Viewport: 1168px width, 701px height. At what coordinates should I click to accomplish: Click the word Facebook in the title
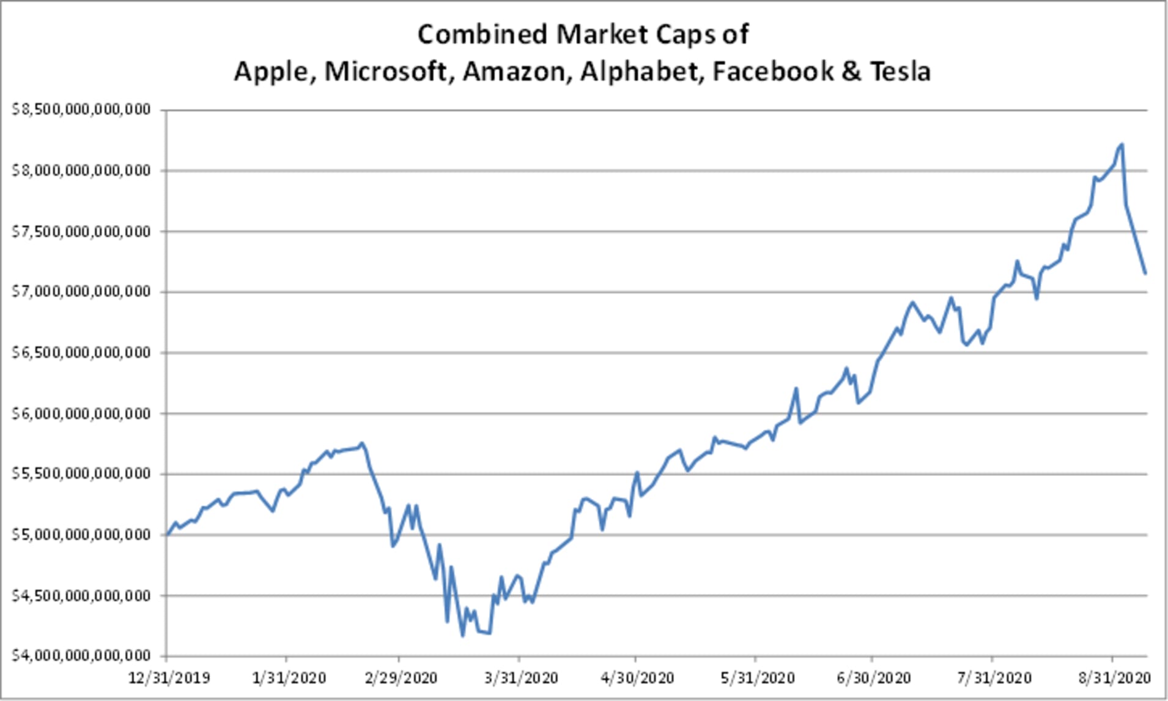(772, 72)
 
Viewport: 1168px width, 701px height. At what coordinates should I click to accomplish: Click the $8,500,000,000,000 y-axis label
(81, 109)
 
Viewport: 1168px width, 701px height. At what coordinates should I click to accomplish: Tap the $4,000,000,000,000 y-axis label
(81, 655)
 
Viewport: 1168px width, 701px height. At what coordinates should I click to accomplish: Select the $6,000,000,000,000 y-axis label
(81, 413)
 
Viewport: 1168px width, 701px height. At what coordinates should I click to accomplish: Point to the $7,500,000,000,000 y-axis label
(81, 231)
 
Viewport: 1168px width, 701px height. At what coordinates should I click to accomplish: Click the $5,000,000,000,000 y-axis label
(81, 534)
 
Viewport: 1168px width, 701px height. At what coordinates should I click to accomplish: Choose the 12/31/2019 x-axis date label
(168, 678)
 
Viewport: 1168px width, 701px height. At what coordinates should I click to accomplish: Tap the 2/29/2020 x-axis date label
(401, 678)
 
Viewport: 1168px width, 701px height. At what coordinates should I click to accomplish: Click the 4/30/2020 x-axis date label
(637, 678)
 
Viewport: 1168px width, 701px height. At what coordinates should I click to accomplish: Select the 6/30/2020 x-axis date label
(874, 678)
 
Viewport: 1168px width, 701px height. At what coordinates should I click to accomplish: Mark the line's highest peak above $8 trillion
(1122, 145)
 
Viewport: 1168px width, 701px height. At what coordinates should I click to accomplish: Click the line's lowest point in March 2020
(462, 636)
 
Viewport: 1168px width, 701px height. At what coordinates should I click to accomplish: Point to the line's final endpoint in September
(1145, 273)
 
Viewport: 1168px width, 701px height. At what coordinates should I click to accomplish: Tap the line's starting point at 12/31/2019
(167, 535)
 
